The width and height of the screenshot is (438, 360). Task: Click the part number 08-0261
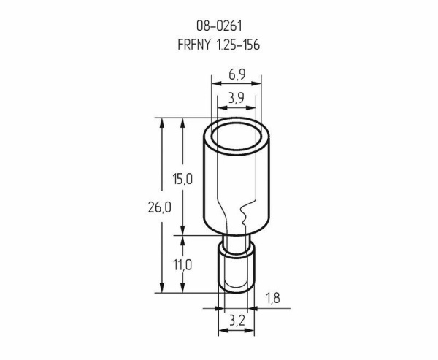point(219,26)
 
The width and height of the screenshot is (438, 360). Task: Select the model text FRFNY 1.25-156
point(219,45)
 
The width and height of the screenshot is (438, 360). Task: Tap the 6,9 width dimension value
point(237,74)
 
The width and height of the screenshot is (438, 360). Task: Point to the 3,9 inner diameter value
point(237,98)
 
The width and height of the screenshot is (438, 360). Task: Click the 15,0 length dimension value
point(182,179)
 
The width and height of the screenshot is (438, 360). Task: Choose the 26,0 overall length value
point(159,207)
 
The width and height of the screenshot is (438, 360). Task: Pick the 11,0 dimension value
point(182,265)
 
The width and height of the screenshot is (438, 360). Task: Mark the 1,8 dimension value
point(272,298)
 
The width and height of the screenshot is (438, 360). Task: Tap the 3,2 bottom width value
point(237,321)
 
